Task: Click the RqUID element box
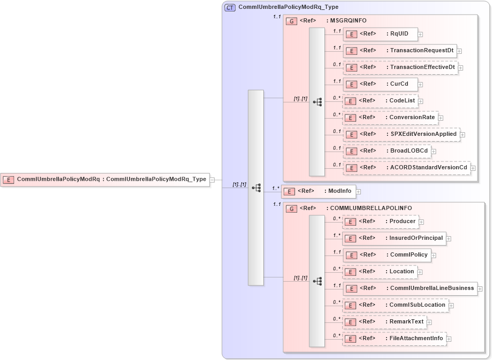point(380,34)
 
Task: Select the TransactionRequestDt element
point(400,51)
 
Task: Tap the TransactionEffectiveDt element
point(400,67)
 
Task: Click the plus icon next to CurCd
point(420,85)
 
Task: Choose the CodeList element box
point(380,101)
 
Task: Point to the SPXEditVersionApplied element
point(401,134)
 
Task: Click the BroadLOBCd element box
point(386,151)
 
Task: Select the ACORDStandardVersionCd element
point(406,168)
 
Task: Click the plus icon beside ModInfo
point(359,192)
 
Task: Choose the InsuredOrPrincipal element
point(394,238)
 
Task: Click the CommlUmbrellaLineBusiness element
point(409,288)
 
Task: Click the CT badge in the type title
point(229,7)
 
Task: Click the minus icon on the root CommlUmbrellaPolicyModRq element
point(212,180)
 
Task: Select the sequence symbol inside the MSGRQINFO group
point(317,102)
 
